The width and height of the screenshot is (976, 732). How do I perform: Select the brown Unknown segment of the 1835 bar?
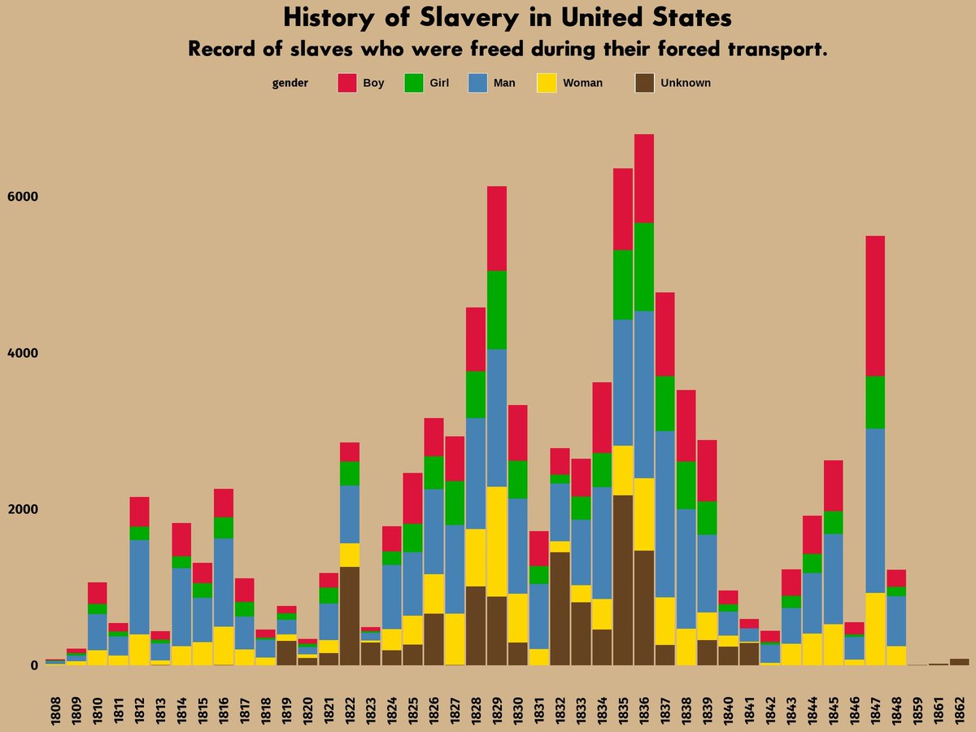tap(623, 579)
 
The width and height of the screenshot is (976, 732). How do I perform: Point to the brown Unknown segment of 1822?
tap(350, 616)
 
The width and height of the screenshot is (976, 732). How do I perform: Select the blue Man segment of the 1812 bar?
tap(140, 586)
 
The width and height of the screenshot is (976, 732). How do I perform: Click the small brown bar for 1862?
tap(959, 662)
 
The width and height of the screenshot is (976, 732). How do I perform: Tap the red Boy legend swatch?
tap(347, 83)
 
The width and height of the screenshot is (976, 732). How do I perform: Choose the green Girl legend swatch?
tap(414, 83)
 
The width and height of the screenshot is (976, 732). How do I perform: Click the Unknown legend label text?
tap(685, 83)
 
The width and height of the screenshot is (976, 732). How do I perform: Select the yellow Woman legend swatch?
tap(547, 83)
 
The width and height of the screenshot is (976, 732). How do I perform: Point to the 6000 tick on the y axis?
tap(23, 197)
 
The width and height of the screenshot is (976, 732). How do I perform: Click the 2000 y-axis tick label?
tap(23, 509)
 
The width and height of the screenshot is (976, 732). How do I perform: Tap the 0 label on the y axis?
tap(34, 665)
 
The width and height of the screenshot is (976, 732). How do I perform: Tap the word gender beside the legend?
tap(290, 83)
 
